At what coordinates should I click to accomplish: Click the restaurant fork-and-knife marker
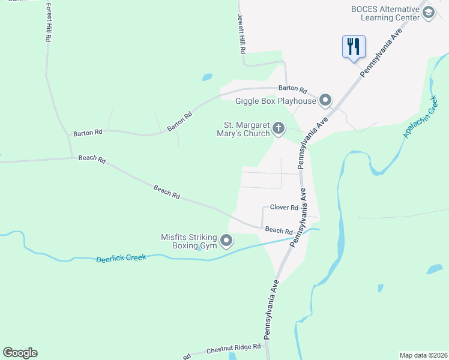click(x=354, y=46)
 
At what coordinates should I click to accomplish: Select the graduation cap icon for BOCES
click(x=429, y=13)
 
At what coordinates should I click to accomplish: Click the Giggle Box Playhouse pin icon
click(x=325, y=100)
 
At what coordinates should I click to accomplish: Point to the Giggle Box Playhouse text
click(x=276, y=101)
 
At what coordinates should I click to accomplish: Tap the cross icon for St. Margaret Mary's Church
click(x=278, y=128)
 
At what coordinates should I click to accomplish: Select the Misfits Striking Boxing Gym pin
click(x=226, y=241)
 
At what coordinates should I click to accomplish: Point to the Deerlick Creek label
click(x=121, y=259)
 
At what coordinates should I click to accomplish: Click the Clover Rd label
click(x=284, y=208)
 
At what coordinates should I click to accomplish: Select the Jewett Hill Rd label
click(x=241, y=35)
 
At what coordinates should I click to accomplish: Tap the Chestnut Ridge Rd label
click(x=234, y=347)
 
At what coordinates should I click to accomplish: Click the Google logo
click(x=20, y=353)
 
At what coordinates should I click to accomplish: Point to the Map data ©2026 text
click(x=423, y=355)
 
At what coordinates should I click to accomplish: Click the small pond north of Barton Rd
click(x=207, y=77)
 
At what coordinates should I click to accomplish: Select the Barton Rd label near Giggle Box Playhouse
click(x=297, y=88)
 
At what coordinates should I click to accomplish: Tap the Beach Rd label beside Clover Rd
click(x=279, y=230)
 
